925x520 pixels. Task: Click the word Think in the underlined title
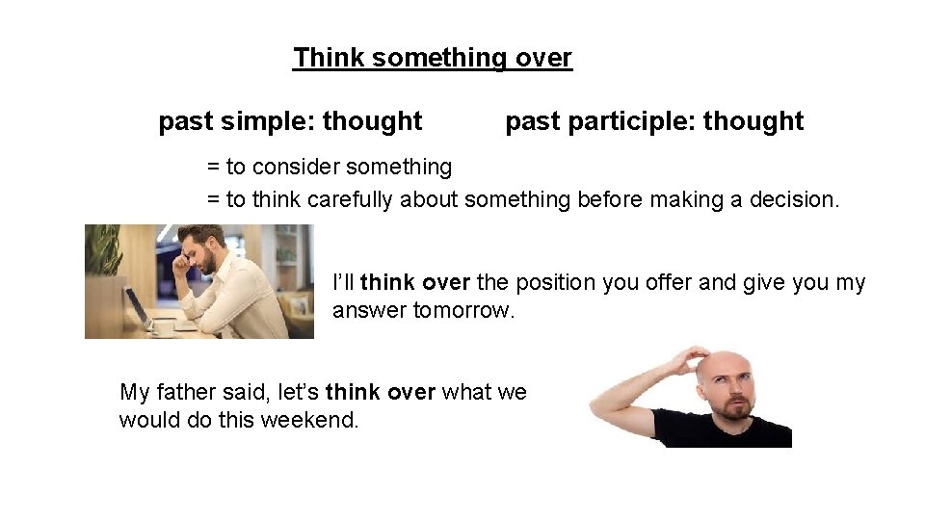[329, 58]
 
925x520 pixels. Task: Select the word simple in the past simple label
[268, 121]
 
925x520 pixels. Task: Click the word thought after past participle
[753, 121]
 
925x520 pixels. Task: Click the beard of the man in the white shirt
[205, 261]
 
